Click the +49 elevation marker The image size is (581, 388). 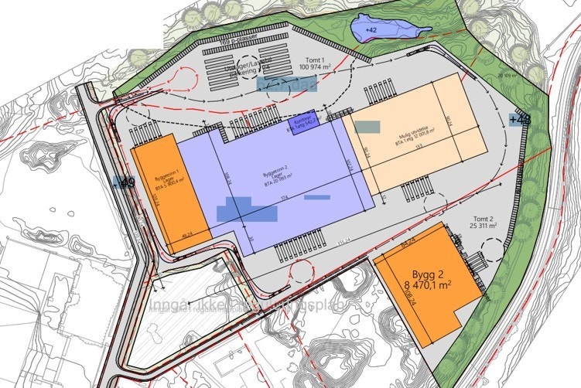click(124, 182)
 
